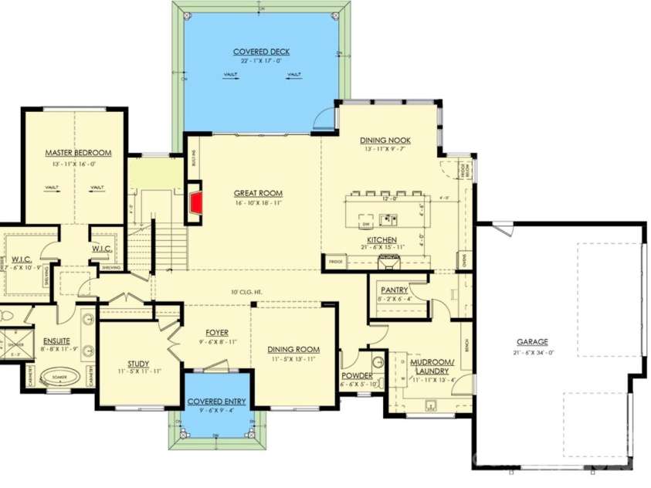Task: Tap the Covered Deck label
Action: pyautogui.click(x=261, y=52)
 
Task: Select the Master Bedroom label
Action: pyautogui.click(x=78, y=153)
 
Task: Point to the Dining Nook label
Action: pyautogui.click(x=385, y=140)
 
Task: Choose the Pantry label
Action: pyautogui.click(x=394, y=290)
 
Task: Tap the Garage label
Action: pyautogui.click(x=532, y=342)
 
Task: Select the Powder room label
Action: pyautogui.click(x=357, y=375)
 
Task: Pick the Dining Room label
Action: pyautogui.click(x=293, y=349)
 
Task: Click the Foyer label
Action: pyautogui.click(x=216, y=333)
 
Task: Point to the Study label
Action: pyautogui.click(x=138, y=364)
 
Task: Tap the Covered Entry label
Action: pyautogui.click(x=216, y=402)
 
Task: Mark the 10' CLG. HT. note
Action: pyautogui.click(x=246, y=292)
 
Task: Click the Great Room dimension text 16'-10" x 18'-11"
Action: pyautogui.click(x=259, y=203)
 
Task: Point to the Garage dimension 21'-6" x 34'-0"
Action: pyautogui.click(x=532, y=352)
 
